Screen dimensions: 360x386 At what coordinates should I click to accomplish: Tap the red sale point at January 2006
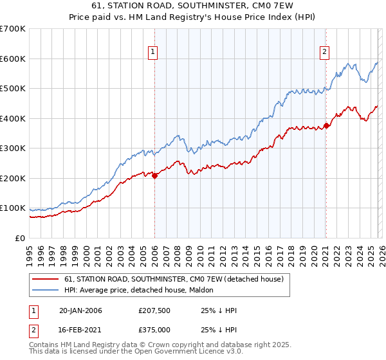pos(155,175)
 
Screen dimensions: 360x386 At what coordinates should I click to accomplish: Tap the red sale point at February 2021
pos(326,125)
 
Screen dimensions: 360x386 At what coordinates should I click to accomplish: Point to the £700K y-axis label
pos(13,29)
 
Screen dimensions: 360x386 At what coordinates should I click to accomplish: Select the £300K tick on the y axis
pos(13,148)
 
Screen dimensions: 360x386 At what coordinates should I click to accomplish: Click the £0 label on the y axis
pos(19,238)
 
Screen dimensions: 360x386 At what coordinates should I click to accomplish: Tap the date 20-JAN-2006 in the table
pos(80,310)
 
